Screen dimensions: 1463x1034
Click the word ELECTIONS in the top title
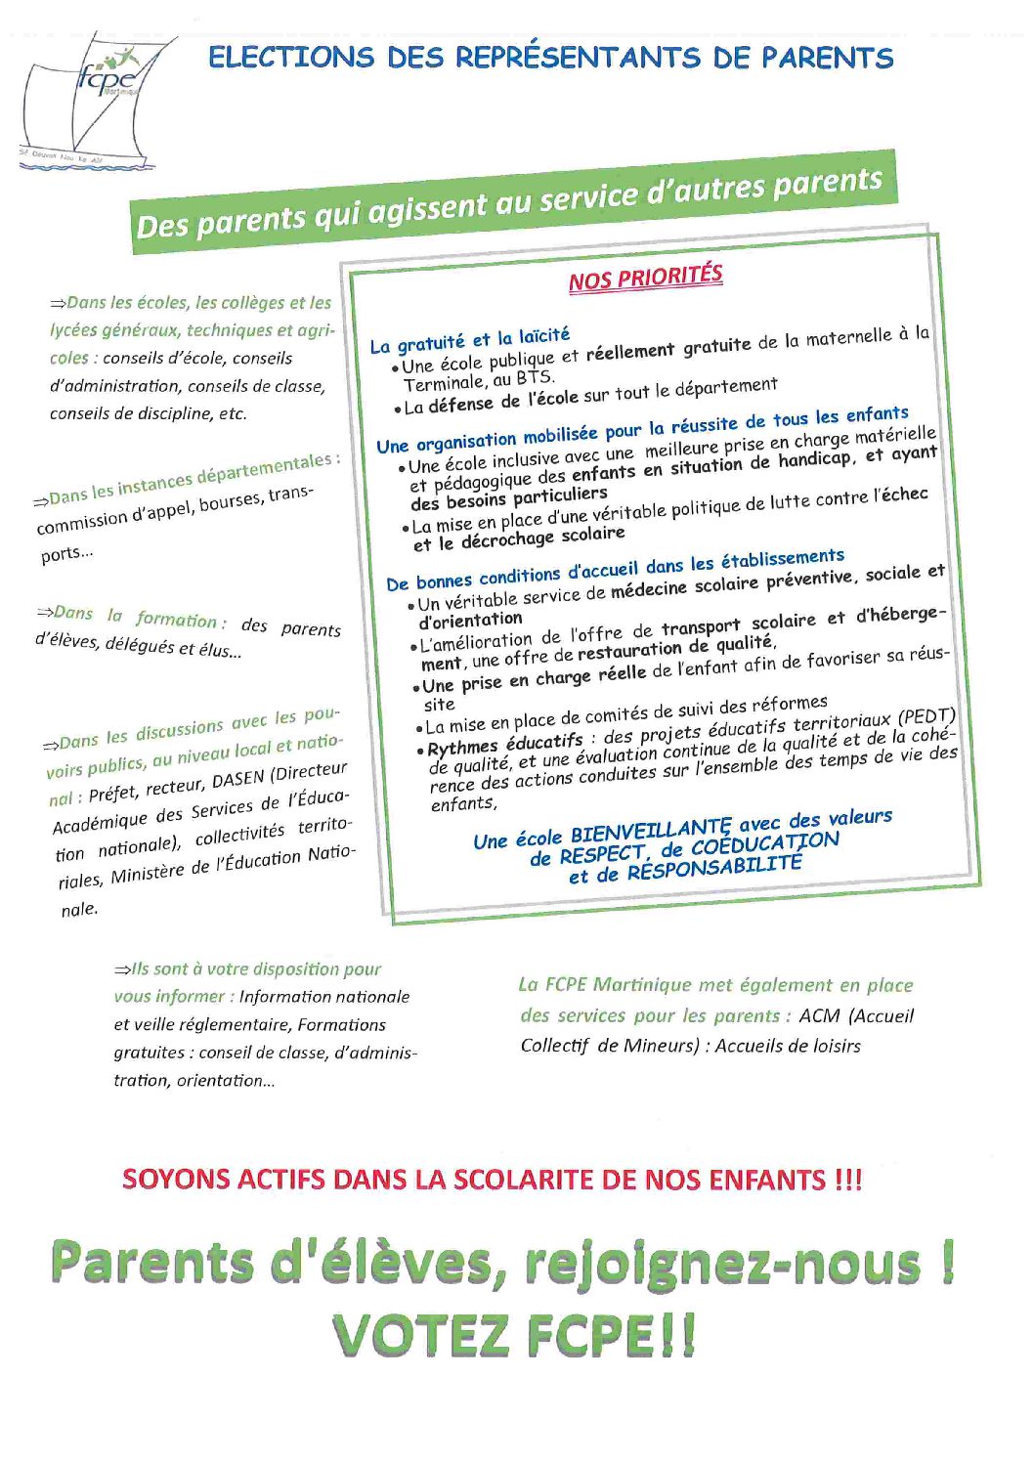(x=291, y=58)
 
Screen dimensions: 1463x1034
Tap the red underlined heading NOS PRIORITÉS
(x=645, y=278)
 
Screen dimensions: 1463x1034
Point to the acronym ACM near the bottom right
(x=819, y=1015)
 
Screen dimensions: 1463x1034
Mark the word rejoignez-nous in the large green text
(x=722, y=1263)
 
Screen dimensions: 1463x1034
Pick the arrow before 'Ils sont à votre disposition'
(x=123, y=969)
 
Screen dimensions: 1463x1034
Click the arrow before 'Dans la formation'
(x=45, y=613)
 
